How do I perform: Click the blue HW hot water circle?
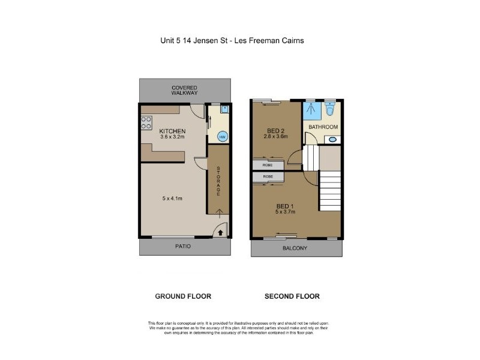click(x=221, y=137)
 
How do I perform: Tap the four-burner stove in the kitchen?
click(x=146, y=123)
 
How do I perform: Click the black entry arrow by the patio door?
click(x=220, y=232)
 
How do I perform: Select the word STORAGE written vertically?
click(x=218, y=181)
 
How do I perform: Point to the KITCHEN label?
click(x=172, y=131)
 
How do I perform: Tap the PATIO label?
click(x=184, y=247)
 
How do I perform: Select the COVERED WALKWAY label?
click(x=184, y=91)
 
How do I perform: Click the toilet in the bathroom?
click(x=329, y=111)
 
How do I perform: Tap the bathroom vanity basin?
click(x=332, y=140)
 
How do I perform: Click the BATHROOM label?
click(x=323, y=127)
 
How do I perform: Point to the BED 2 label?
click(x=276, y=130)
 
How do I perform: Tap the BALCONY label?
click(x=296, y=248)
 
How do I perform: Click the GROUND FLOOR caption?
click(x=183, y=296)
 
